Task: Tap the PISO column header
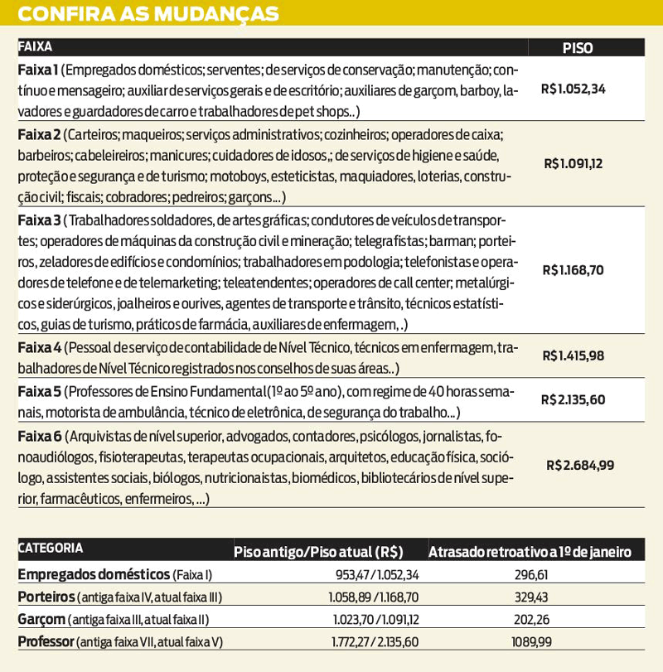click(578, 48)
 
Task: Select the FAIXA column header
click(35, 47)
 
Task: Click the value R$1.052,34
click(573, 89)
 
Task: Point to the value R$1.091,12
click(573, 164)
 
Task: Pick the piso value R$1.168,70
click(573, 269)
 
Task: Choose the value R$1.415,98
click(573, 356)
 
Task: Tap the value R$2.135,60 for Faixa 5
click(573, 399)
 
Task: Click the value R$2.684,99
click(580, 465)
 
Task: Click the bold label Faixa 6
click(39, 436)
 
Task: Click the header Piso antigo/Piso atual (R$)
click(318, 552)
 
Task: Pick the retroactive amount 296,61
click(530, 575)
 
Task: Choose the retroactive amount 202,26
click(530, 619)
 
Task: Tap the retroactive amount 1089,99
click(530, 641)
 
